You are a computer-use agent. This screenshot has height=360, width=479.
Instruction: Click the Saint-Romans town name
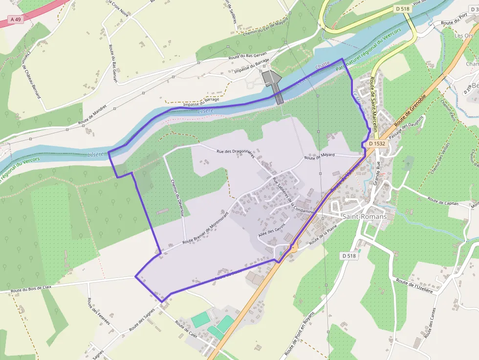pyautogui.click(x=364, y=216)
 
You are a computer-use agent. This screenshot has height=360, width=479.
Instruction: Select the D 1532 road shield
pyautogui.click(x=377, y=144)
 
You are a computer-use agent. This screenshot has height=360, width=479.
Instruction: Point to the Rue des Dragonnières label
pyautogui.click(x=236, y=153)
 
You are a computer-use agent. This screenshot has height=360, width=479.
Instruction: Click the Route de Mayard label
pyautogui.click(x=319, y=156)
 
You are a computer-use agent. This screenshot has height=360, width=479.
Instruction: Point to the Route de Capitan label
pyautogui.click(x=442, y=200)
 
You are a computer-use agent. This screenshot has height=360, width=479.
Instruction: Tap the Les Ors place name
pyautogui.click(x=464, y=36)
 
